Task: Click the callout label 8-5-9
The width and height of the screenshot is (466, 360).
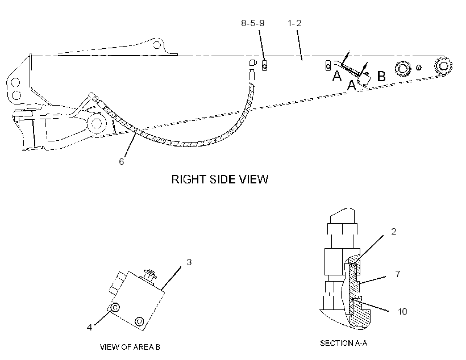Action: [x=253, y=23]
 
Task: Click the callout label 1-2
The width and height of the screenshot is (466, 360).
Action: [x=294, y=23]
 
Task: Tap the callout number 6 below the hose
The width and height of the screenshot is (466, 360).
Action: [x=121, y=162]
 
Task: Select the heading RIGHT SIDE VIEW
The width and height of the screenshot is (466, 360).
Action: [x=220, y=179]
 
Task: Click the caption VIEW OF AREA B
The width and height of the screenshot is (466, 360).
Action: [x=130, y=347]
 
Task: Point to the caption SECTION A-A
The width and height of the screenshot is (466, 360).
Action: [x=344, y=343]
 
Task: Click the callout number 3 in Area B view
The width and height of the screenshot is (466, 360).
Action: [x=189, y=262]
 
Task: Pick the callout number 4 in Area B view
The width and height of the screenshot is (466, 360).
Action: [x=89, y=327]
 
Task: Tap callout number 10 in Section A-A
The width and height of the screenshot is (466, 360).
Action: [x=402, y=311]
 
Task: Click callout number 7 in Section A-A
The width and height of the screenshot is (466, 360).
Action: [x=398, y=274]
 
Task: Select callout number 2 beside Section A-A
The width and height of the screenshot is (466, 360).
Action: [x=394, y=231]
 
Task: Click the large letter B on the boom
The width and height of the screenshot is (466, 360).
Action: [x=381, y=76]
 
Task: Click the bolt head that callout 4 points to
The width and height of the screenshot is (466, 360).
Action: [x=115, y=308]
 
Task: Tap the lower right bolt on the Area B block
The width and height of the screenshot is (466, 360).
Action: [x=139, y=321]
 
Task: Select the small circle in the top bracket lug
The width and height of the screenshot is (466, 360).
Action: [x=157, y=45]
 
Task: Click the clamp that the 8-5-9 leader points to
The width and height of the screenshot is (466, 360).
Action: [x=264, y=65]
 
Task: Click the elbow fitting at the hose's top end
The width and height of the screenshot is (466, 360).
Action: [x=252, y=62]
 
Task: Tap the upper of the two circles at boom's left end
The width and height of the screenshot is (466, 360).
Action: [x=15, y=82]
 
